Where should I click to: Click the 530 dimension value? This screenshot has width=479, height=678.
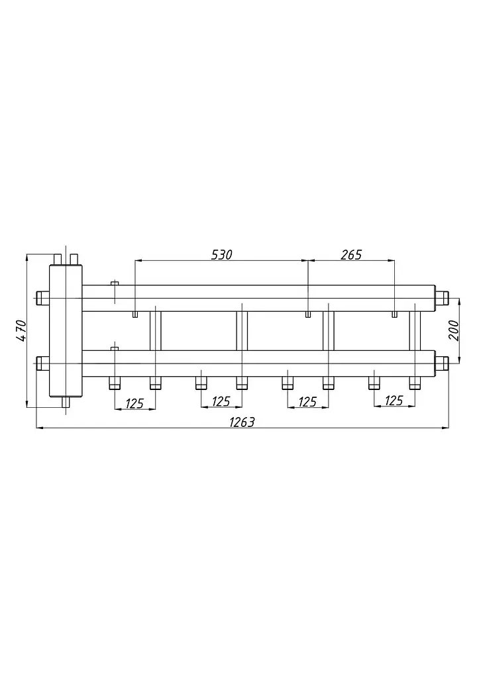pyautogui.click(x=221, y=255)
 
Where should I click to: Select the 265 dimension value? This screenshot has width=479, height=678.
pyautogui.click(x=351, y=255)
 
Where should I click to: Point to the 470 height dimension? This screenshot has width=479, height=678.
pyautogui.click(x=21, y=331)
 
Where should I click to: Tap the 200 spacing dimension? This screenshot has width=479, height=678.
pyautogui.click(x=454, y=330)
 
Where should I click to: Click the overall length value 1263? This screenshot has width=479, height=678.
pyautogui.click(x=242, y=422)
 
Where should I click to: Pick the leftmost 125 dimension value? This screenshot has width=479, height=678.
pyautogui.click(x=134, y=403)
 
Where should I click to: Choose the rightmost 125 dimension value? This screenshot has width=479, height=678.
pyautogui.click(x=394, y=401)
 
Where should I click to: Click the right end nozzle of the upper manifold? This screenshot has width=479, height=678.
pyautogui.click(x=442, y=299)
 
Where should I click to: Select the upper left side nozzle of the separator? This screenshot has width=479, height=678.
pyautogui.click(x=43, y=299)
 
